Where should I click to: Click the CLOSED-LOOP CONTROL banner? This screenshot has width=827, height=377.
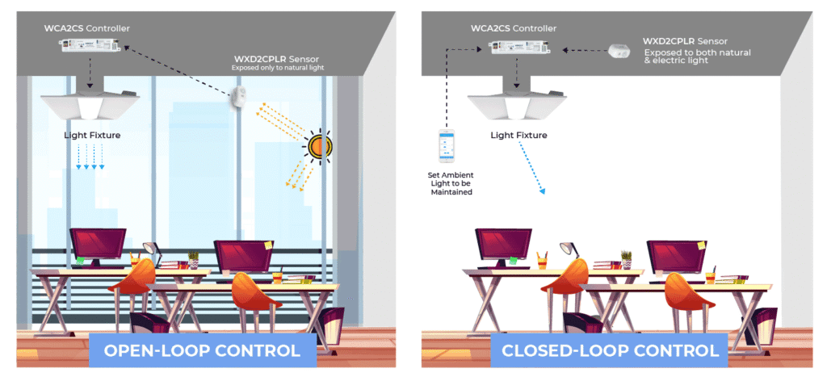610,351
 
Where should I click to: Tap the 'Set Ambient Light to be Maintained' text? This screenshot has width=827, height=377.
447,183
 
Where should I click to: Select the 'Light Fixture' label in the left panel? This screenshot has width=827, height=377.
92,135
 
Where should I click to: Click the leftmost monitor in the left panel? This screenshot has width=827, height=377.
98,245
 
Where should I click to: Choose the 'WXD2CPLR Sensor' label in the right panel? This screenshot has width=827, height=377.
684,40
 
